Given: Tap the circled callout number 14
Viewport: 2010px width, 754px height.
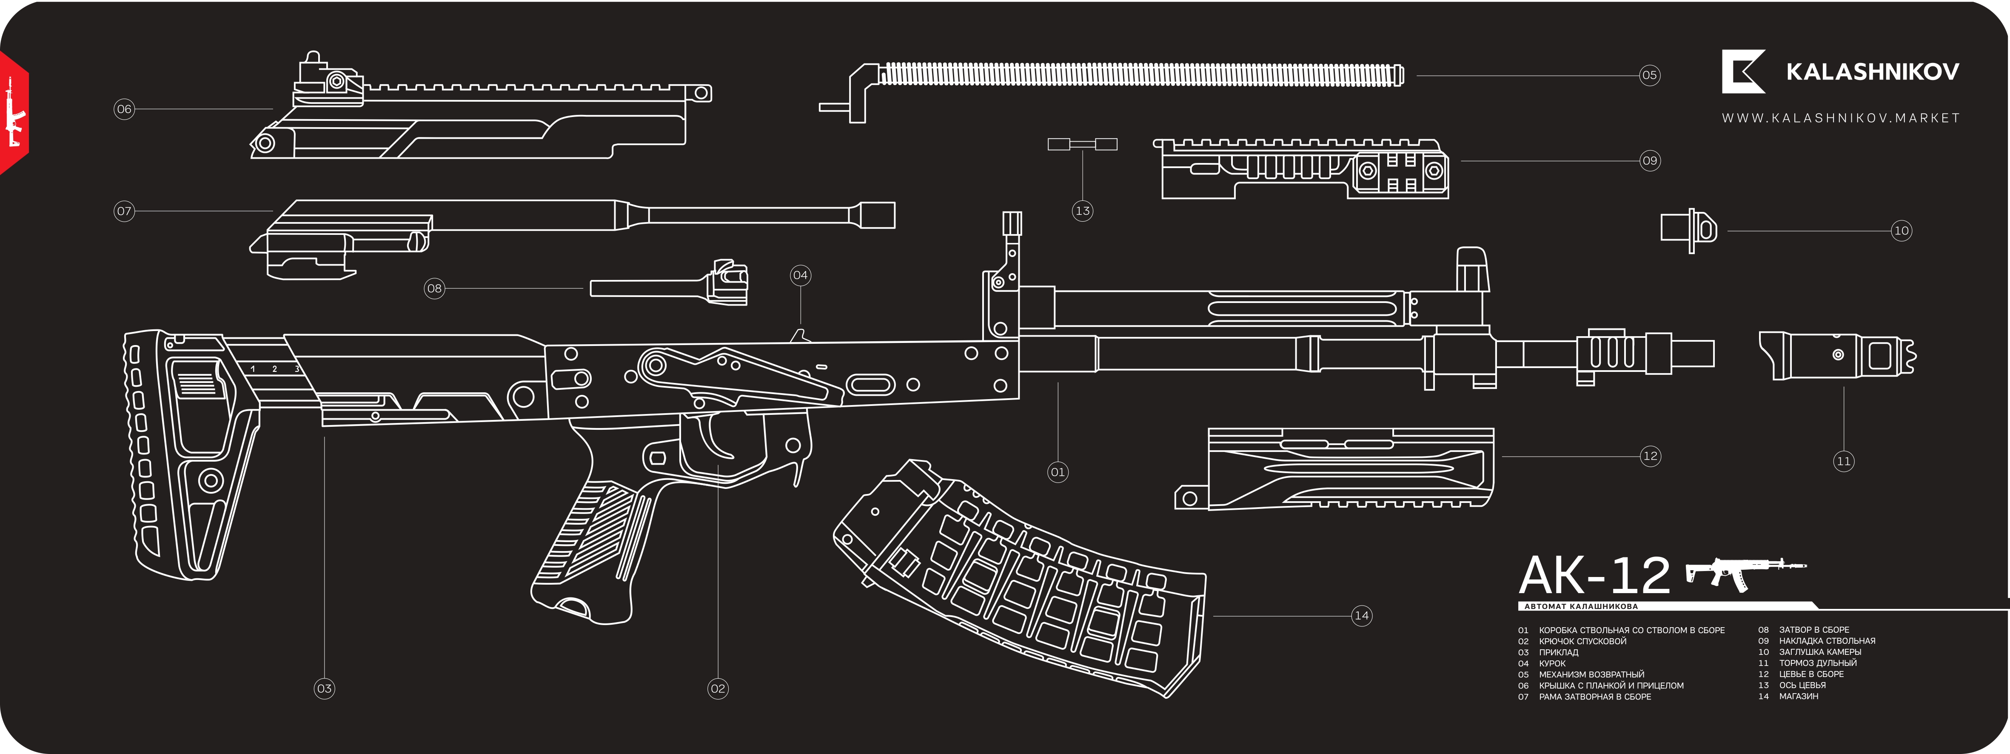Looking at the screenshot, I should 1362,616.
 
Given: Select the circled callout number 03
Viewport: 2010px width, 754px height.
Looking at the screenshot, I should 325,688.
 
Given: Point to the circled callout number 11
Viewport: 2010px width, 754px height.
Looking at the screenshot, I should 1843,461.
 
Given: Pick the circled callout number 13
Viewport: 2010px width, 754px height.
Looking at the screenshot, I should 1082,211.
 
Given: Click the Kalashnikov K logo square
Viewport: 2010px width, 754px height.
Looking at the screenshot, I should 1743,72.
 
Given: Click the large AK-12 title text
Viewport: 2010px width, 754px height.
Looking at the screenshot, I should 1594,576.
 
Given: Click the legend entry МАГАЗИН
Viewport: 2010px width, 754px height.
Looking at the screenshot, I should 1799,696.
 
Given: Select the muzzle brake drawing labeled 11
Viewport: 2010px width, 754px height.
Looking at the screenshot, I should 1838,356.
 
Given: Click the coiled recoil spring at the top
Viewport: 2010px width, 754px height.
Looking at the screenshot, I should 1139,75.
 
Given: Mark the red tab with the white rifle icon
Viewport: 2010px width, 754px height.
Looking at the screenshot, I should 13,113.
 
